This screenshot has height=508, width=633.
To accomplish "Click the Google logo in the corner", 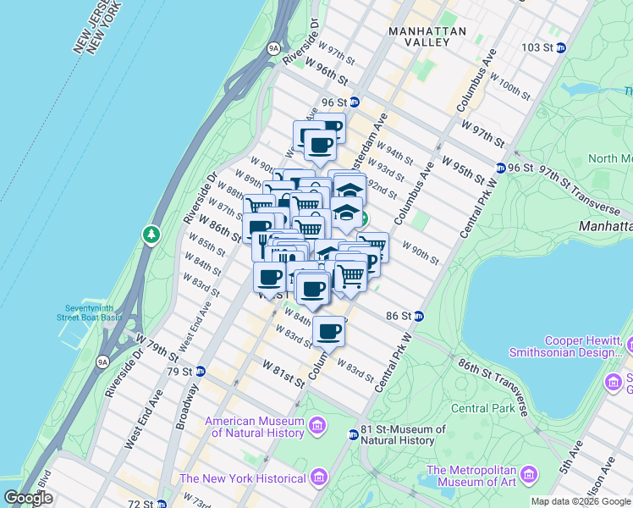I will tap(29, 497).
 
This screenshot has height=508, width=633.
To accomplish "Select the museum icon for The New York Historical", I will tap(318, 478).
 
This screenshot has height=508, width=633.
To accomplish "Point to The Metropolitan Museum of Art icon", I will tap(531, 472).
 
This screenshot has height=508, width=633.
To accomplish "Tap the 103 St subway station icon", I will tap(560, 47).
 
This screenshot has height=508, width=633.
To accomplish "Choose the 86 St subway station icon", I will tap(419, 316).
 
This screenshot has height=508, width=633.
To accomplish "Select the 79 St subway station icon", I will tap(201, 371).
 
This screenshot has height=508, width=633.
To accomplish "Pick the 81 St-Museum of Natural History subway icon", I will tap(353, 434).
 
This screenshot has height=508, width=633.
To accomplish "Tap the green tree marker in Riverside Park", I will tap(151, 233).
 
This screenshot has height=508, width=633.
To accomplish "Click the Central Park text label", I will tap(482, 408).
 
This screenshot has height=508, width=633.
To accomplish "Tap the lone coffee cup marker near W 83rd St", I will tap(328, 330).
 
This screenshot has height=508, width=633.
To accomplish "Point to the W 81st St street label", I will tap(283, 373).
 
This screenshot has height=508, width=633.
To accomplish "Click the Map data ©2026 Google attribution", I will tap(581, 501).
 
